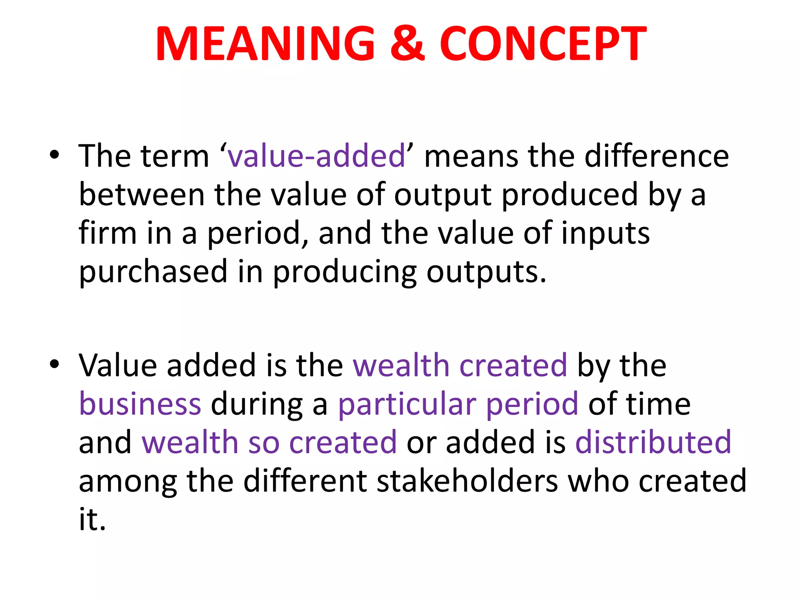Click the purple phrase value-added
(x=316, y=156)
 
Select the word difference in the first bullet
(x=657, y=156)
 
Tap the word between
(x=142, y=194)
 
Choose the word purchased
(x=153, y=272)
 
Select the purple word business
(x=140, y=403)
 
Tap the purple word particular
(x=407, y=404)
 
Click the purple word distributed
(x=653, y=442)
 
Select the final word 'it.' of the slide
(x=92, y=519)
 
